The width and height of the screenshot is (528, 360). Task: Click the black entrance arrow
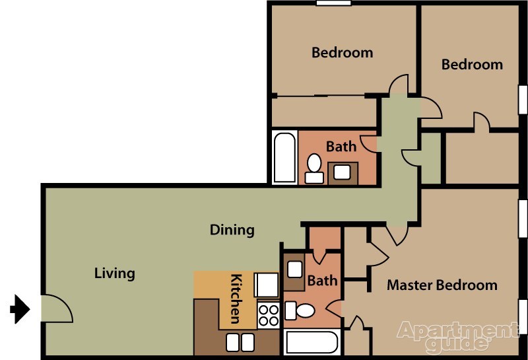[x=20, y=308]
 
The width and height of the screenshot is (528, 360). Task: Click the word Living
[x=114, y=273]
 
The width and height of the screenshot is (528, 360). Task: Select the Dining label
[x=232, y=230]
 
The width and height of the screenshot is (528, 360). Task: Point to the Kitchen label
[x=236, y=299]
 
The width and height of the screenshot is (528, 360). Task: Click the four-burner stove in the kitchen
[x=269, y=316]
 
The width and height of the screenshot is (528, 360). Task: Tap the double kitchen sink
[x=240, y=342]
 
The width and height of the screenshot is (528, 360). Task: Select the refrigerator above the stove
[x=267, y=285]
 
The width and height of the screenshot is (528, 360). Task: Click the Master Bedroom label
[x=442, y=285]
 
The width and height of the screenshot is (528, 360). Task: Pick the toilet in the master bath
[x=300, y=310]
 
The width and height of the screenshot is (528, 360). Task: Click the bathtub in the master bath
[x=312, y=342]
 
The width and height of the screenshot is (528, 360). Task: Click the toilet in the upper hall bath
[x=314, y=168]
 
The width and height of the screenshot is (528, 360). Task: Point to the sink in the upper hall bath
[x=342, y=172]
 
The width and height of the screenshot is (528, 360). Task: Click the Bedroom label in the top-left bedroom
[x=342, y=53]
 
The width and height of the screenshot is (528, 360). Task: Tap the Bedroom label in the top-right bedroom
[x=472, y=64]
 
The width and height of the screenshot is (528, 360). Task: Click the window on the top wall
[x=333, y=3]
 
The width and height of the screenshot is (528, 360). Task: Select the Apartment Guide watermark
[x=458, y=336]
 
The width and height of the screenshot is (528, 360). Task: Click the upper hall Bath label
[x=341, y=147]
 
